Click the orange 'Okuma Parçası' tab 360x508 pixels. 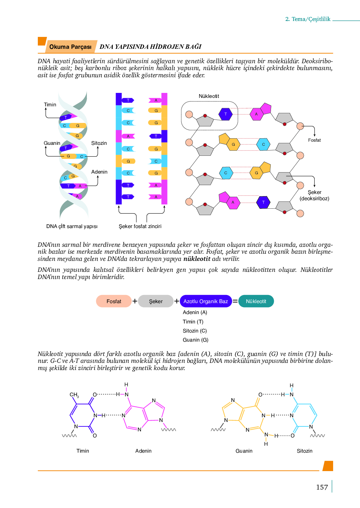(x=70, y=47)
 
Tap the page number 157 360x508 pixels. (x=322, y=487)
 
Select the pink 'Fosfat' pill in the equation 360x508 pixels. (x=114, y=301)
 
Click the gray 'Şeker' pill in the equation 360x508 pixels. (x=156, y=301)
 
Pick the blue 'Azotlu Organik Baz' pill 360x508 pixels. (x=206, y=301)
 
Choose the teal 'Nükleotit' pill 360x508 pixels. (x=256, y=301)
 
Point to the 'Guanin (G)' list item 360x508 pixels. (x=195, y=340)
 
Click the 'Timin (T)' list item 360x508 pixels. (x=193, y=322)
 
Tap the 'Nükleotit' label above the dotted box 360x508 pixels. (x=209, y=96)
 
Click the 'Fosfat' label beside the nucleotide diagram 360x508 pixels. (x=314, y=140)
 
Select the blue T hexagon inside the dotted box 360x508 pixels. (x=225, y=114)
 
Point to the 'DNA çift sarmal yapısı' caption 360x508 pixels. (x=72, y=226)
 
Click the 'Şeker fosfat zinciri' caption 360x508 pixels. (x=140, y=226)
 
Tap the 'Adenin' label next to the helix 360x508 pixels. (x=99, y=172)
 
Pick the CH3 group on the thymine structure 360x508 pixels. (x=74, y=395)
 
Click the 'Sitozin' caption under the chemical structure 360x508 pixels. (x=304, y=451)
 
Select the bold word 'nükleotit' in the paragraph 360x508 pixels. (x=197, y=259)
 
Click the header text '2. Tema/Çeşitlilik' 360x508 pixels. (x=308, y=19)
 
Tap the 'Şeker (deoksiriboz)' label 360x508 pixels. (x=314, y=195)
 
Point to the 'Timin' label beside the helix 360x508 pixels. (x=50, y=104)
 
